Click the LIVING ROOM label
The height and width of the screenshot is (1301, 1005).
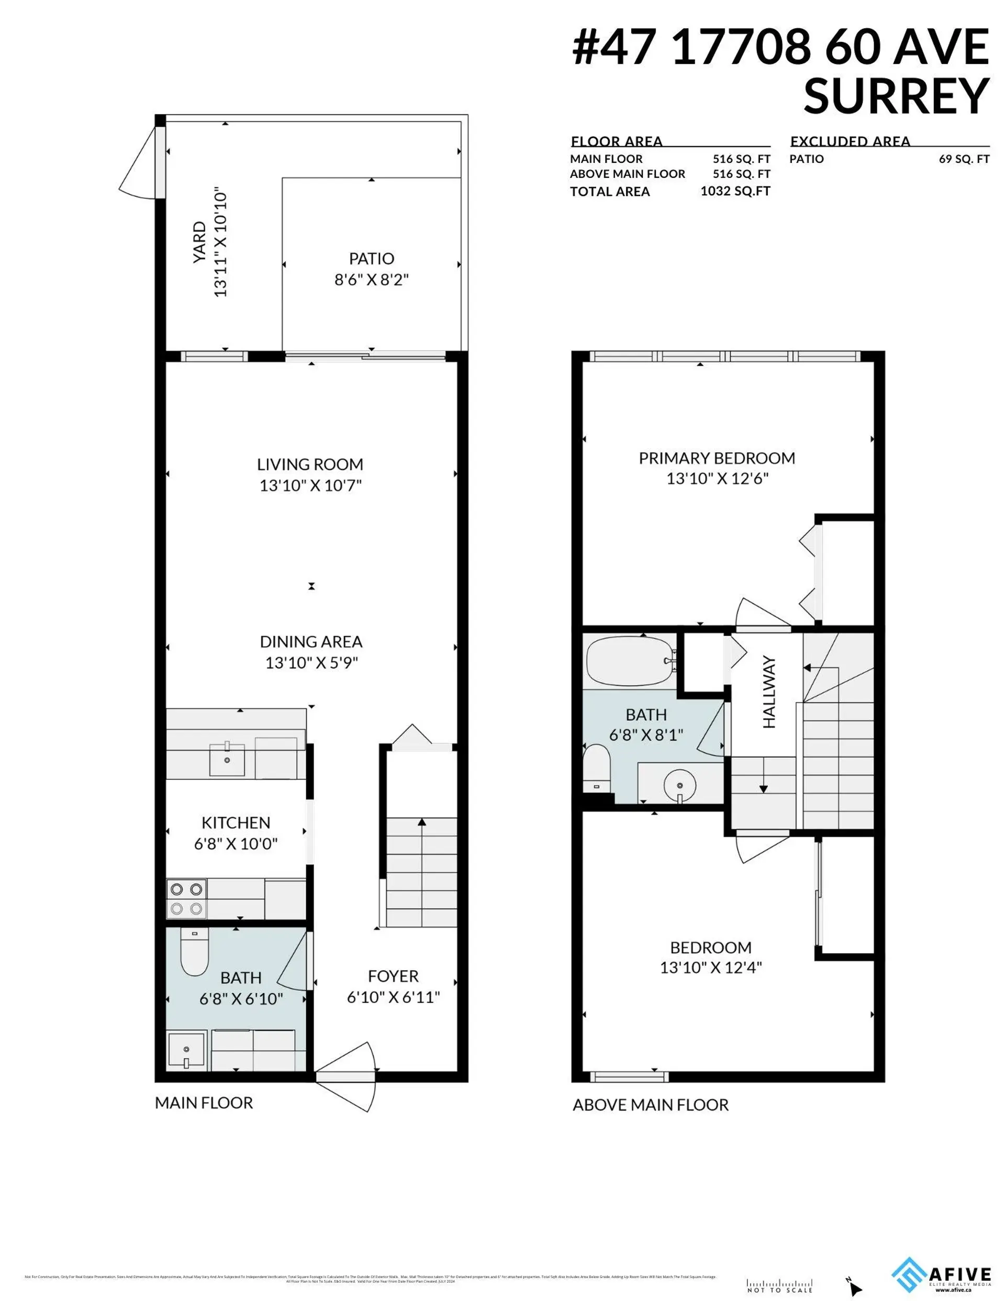(310, 464)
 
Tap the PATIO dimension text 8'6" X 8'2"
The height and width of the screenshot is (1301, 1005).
(371, 280)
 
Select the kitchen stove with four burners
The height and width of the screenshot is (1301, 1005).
(186, 899)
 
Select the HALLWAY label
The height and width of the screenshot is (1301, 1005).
(768, 692)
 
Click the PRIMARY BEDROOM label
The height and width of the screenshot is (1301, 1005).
(717, 458)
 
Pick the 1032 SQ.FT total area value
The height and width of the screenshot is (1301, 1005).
(734, 191)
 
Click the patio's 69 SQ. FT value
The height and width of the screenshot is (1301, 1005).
(964, 159)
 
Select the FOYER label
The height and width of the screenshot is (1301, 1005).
(393, 976)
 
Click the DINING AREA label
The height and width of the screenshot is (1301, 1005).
(311, 641)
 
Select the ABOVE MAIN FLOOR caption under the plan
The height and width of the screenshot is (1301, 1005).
(650, 1105)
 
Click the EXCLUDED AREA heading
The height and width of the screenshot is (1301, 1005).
(850, 141)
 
